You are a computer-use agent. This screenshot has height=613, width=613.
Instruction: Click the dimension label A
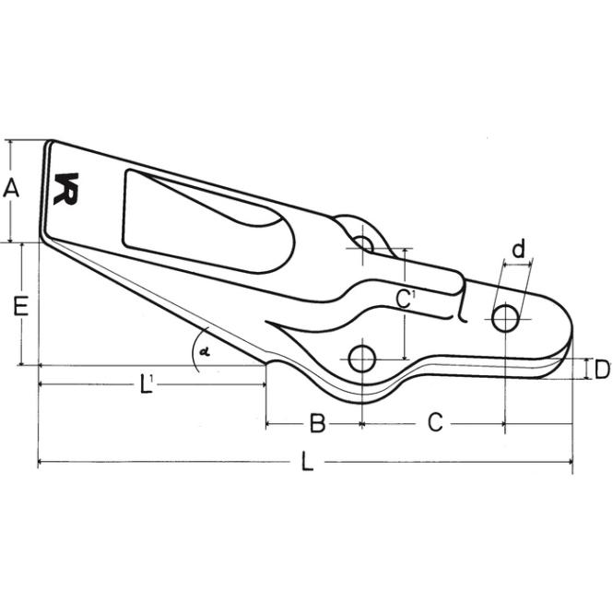(11, 188)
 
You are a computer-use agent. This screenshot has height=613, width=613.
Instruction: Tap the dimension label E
(20, 306)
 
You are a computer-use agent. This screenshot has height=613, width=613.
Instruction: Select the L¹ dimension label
(146, 383)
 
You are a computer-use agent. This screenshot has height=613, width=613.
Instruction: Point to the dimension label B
(317, 422)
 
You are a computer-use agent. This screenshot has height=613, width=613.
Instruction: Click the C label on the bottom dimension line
(435, 422)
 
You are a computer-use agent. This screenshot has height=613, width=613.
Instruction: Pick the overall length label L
(308, 461)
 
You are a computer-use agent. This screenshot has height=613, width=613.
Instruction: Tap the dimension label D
(602, 370)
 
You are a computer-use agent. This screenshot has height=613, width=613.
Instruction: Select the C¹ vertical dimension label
(405, 299)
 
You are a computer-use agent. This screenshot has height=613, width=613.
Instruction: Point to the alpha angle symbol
(204, 351)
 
